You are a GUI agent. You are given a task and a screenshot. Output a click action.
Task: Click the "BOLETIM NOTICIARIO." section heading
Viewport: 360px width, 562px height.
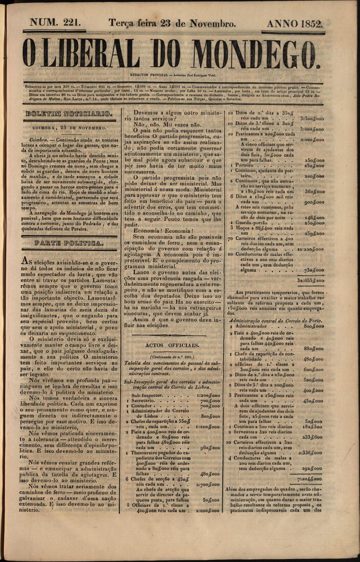pos(68,114)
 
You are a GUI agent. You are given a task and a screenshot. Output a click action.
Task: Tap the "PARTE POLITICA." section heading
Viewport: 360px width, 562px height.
pos(69,244)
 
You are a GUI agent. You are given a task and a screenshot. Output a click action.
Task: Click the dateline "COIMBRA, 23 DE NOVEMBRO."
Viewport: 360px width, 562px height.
pos(68,128)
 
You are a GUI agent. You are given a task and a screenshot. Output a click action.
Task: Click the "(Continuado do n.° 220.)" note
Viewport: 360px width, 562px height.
pos(170,356)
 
